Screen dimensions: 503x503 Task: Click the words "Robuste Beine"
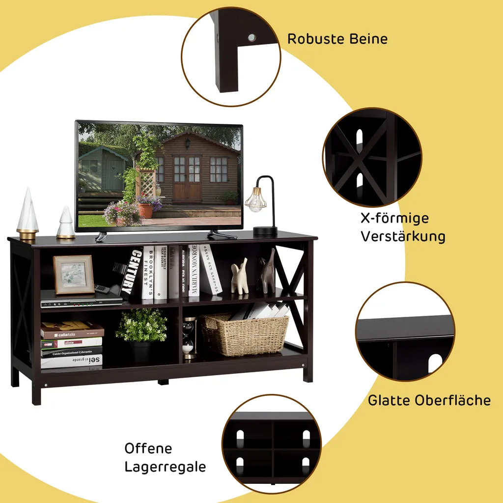(x=337, y=39)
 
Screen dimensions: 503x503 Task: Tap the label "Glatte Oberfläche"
(x=429, y=400)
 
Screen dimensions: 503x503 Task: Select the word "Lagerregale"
(x=165, y=467)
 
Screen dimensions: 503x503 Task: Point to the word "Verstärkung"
(x=403, y=237)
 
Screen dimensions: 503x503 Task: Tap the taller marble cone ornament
(x=28, y=213)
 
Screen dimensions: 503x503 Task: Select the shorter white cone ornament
(x=66, y=223)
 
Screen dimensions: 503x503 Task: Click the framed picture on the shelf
(x=74, y=275)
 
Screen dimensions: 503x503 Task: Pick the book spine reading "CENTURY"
(x=131, y=272)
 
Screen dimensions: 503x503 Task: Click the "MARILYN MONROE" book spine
(x=194, y=270)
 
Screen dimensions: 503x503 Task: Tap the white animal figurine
(x=240, y=277)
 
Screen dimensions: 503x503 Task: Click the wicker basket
(x=245, y=334)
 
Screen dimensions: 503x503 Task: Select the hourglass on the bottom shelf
(x=189, y=338)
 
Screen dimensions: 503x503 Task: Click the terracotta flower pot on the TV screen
(x=145, y=210)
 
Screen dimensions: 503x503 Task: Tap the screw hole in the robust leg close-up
(x=252, y=37)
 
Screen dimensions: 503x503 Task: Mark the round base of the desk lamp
(x=265, y=231)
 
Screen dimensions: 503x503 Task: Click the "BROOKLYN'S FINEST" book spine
(x=148, y=272)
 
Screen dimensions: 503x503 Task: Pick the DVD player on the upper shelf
(x=82, y=302)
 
